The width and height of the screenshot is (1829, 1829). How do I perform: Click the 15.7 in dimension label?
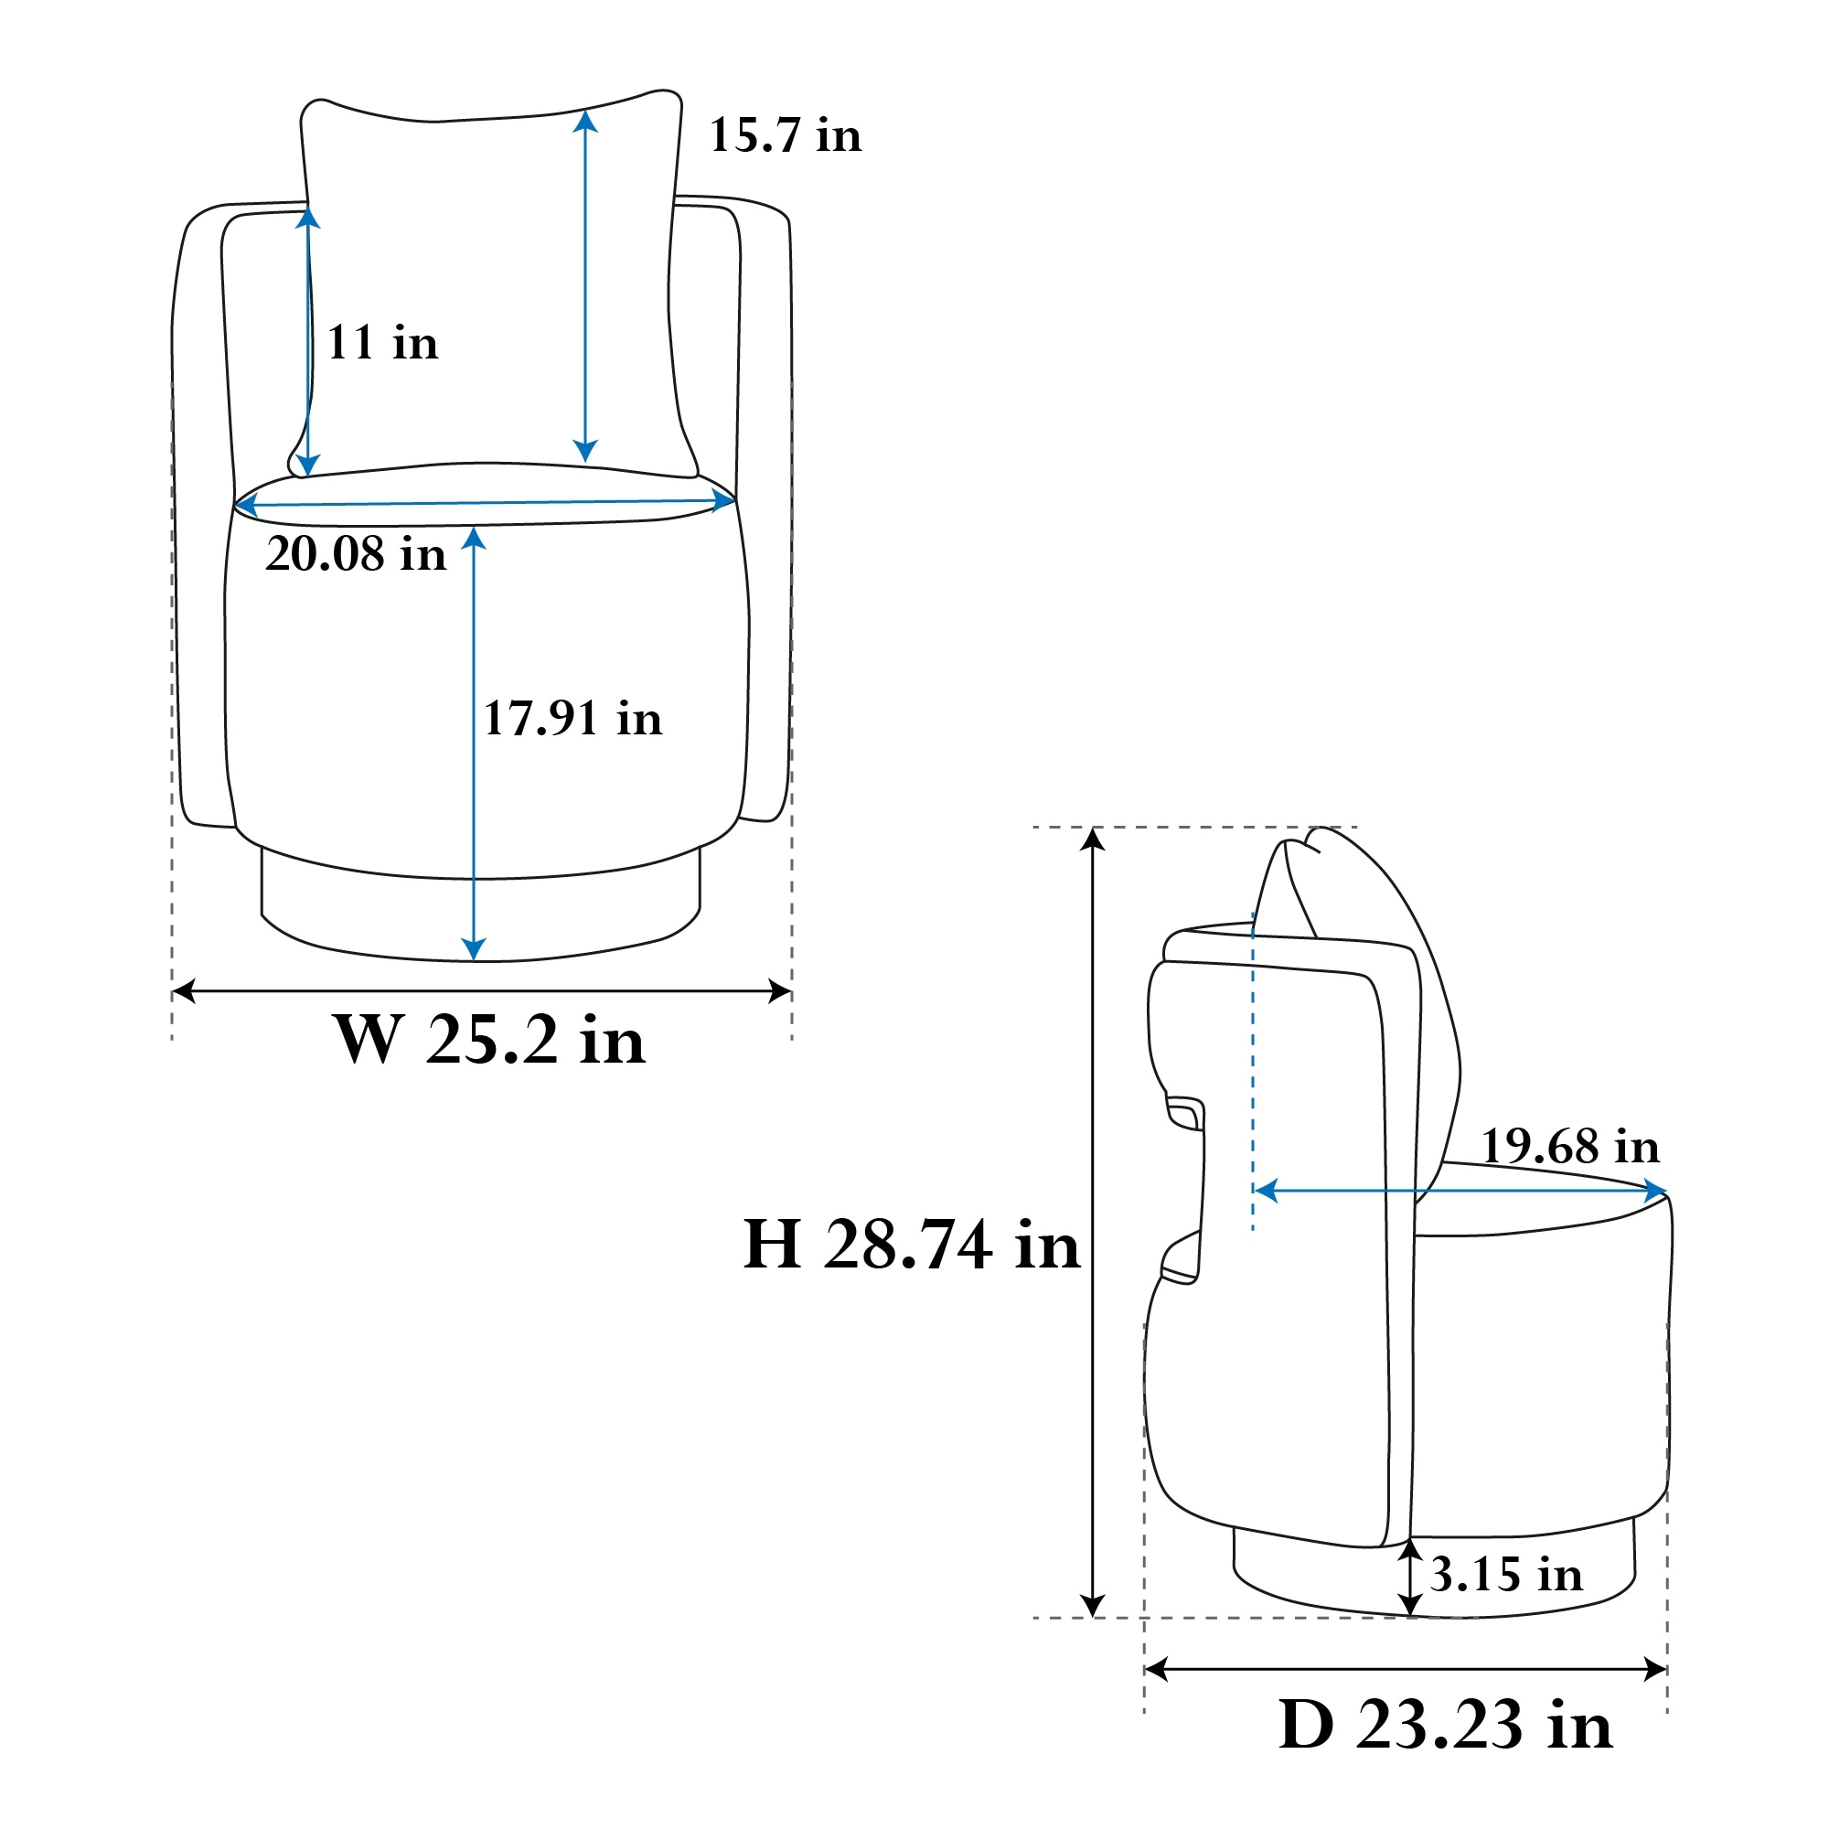click(785, 135)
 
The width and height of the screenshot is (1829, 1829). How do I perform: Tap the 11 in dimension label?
click(382, 343)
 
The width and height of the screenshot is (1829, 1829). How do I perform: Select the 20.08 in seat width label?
click(356, 554)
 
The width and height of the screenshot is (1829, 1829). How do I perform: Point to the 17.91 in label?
click(572, 719)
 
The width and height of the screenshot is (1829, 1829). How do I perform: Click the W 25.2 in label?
click(489, 1040)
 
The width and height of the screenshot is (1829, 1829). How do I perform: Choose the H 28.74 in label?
click(912, 1244)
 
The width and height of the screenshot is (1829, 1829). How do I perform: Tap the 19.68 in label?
click(1570, 1147)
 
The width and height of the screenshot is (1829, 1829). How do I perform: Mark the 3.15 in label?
click(1506, 1576)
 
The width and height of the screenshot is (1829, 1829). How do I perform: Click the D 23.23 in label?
click(1445, 1724)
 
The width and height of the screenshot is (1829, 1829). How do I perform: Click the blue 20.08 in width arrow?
click(485, 503)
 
